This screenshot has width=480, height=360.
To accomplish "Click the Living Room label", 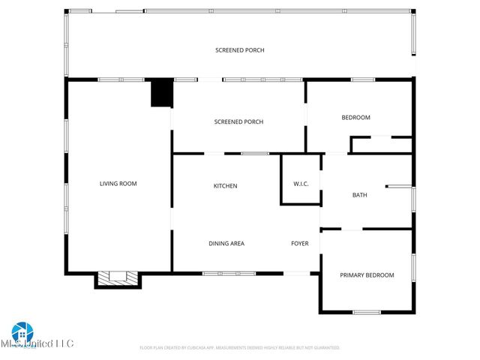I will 118,183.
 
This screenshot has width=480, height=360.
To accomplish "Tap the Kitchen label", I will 225,185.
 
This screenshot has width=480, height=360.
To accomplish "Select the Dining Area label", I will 226,243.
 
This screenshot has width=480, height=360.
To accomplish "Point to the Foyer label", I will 299,243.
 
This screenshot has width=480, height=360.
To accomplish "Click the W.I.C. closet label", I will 300,184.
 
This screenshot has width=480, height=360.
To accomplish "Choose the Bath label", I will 360,195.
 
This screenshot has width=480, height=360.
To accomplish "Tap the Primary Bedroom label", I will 367,275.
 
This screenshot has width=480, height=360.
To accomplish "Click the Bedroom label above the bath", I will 355,117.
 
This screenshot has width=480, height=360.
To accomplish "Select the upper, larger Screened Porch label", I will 239,50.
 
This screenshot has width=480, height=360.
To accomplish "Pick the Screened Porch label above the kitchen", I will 238,121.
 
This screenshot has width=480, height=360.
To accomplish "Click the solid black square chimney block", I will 161,93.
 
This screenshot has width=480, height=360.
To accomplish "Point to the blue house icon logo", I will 22,332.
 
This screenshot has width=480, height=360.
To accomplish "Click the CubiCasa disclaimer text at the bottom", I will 240,348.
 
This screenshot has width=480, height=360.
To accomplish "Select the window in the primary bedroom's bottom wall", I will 367,311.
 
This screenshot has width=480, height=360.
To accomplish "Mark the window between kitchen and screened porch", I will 254,154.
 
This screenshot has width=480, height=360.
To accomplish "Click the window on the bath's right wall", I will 412,199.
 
